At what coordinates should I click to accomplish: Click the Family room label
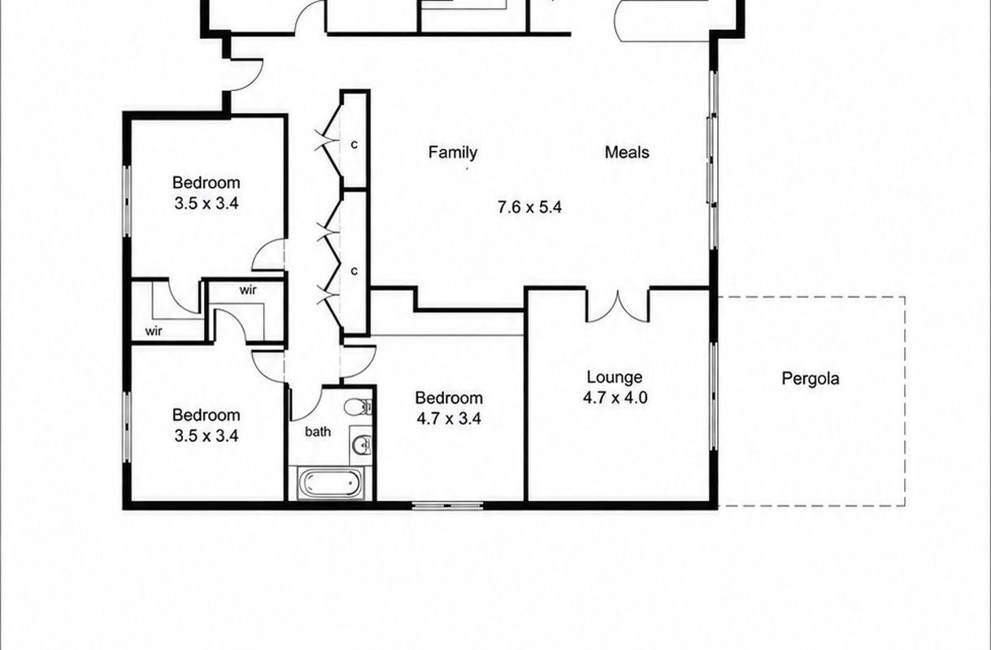coord(453,153)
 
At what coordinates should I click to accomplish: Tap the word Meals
coord(627,153)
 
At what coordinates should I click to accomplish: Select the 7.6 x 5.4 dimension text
coord(529,207)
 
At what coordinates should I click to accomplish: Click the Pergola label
coord(810,379)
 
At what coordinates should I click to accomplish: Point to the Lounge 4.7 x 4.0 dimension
coord(615,398)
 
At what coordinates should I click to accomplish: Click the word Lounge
coord(615,378)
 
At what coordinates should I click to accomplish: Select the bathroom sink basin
coord(363,444)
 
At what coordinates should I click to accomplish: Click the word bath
coord(318,431)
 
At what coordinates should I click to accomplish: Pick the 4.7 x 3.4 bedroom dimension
coord(449,418)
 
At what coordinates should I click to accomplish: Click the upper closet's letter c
coord(354,145)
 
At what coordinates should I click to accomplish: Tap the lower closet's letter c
coord(354,271)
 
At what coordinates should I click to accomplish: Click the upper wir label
coord(248,290)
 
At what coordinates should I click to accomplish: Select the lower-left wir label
coord(154,331)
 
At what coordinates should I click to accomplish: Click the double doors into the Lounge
coord(618,306)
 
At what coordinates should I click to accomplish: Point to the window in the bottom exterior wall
coord(447,505)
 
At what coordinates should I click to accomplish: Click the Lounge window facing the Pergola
coord(713,396)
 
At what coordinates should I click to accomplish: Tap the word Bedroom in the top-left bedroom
coord(206,183)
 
